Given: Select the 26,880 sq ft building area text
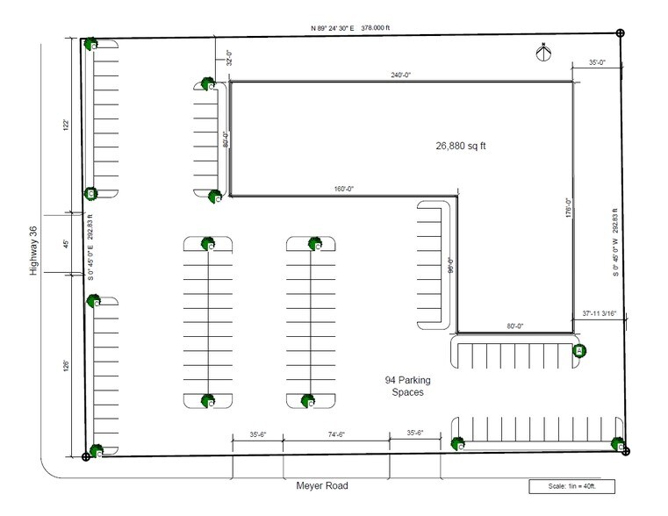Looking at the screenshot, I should tap(461, 146).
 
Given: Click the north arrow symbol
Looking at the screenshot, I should tap(543, 52).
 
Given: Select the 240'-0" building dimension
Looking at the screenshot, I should tap(401, 75).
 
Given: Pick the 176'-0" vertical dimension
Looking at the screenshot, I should tap(569, 211).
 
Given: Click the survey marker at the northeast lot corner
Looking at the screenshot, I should tap(621, 33).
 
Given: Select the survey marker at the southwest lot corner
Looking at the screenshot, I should tap(85, 457).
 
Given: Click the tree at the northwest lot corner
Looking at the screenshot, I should tap(90, 43).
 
